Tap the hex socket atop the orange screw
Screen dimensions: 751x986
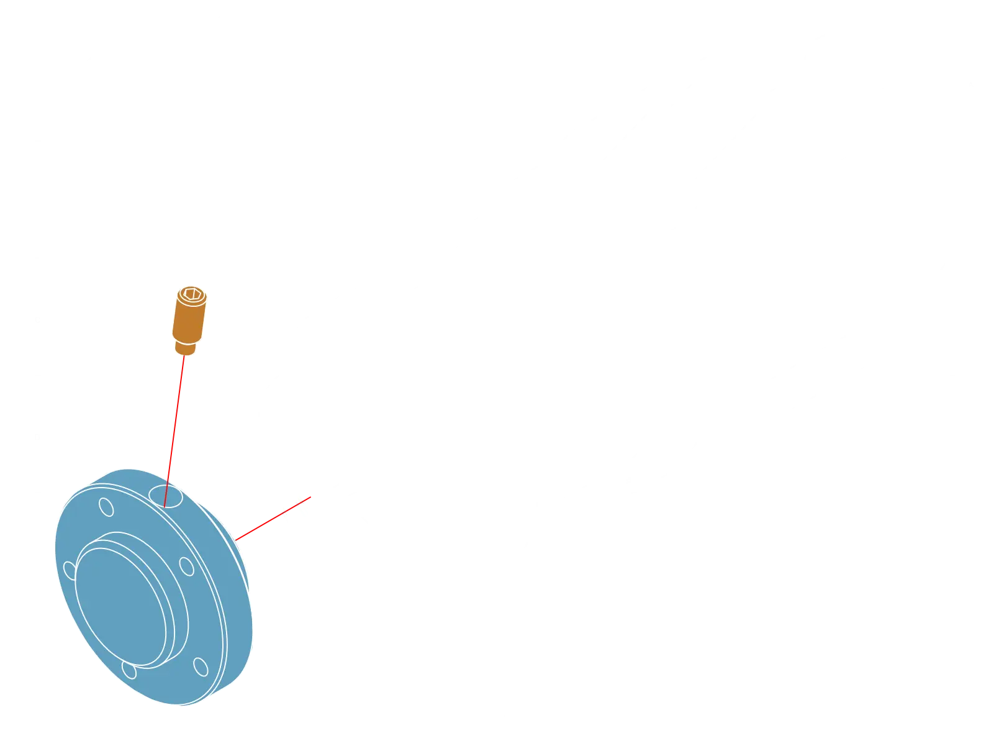[x=190, y=293]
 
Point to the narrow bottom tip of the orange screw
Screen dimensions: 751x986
[x=184, y=348]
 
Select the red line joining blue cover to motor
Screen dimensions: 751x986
[x=273, y=519]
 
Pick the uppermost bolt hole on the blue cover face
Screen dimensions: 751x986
[x=107, y=507]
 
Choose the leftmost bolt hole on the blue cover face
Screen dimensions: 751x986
[x=70, y=570]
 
